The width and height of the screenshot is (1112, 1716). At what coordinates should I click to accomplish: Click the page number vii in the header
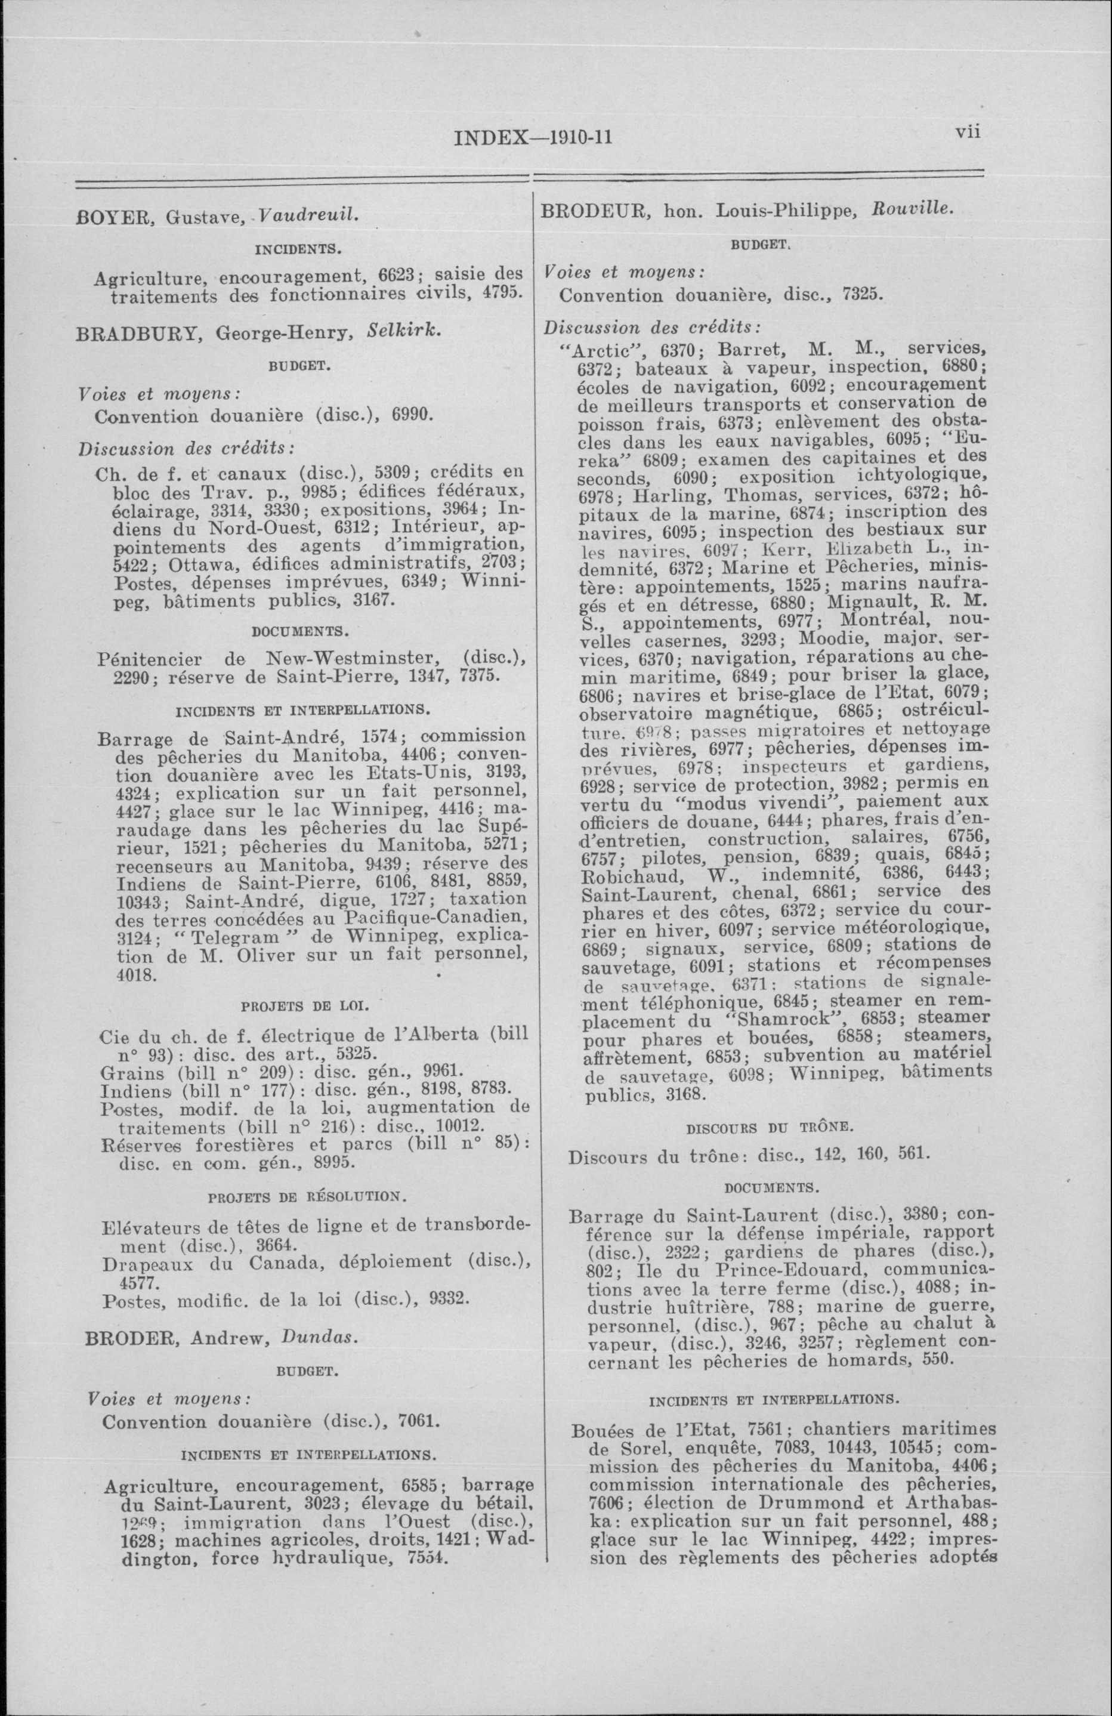point(968,132)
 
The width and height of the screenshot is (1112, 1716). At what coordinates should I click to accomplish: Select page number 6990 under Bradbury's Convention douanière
point(411,416)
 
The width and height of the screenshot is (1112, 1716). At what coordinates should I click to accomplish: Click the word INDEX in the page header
point(491,137)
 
